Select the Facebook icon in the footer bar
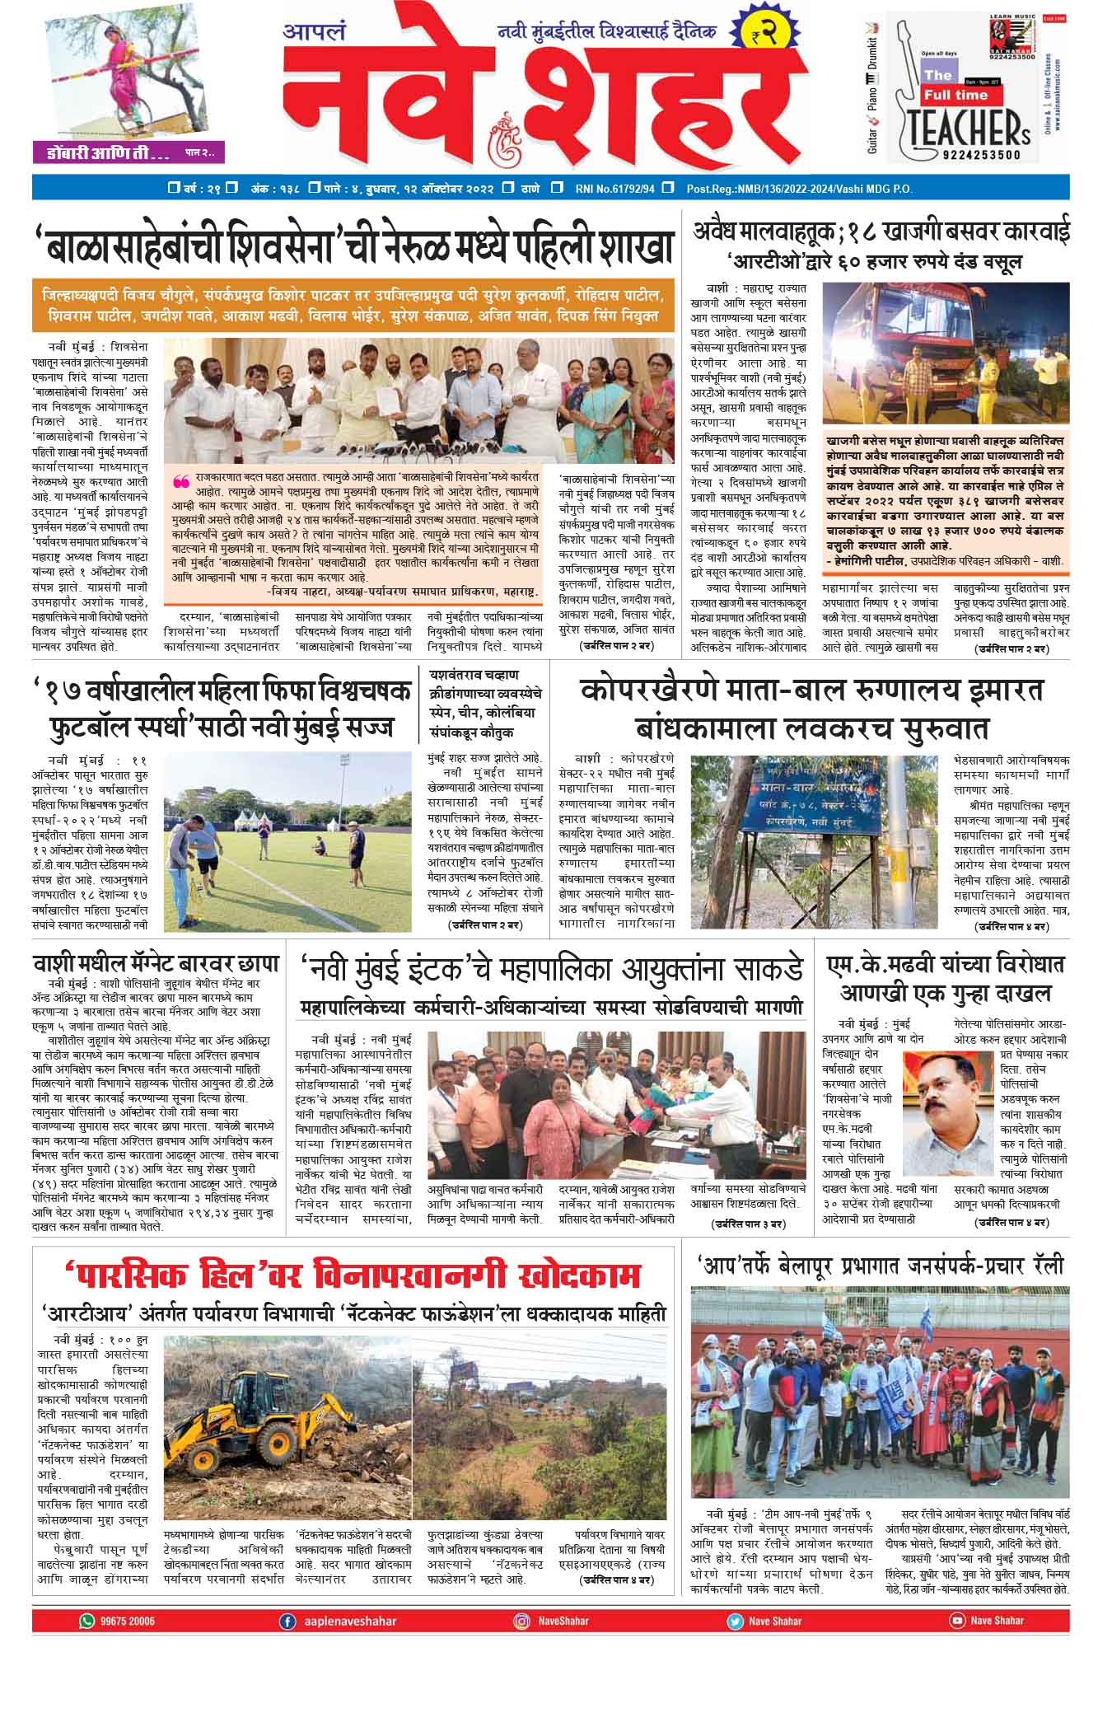pyautogui.click(x=287, y=1620)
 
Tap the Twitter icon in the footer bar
pyautogui.click(x=734, y=1620)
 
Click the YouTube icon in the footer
pyautogui.click(x=956, y=1620)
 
